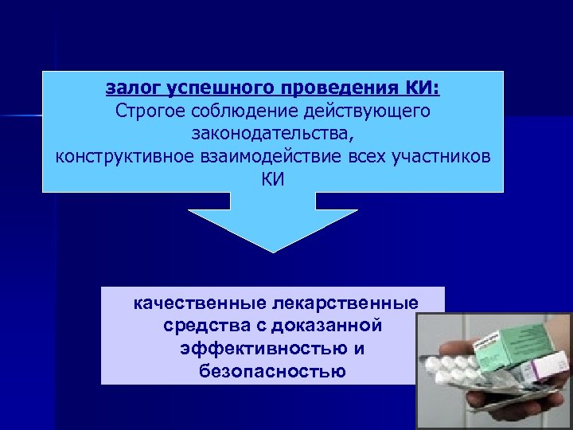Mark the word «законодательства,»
point(272,132)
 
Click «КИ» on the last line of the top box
point(272,178)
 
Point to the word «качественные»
point(201,303)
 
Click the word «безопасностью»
point(272,370)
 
